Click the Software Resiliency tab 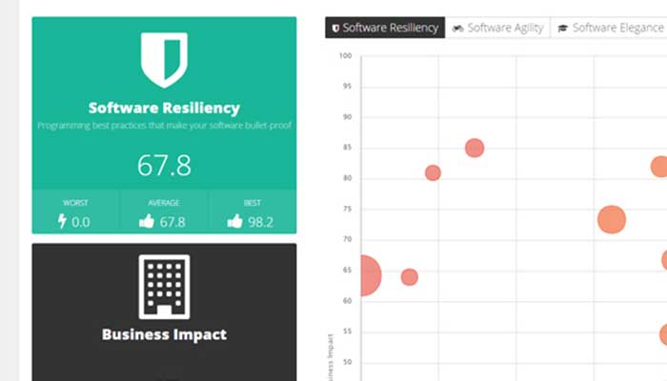tap(385, 29)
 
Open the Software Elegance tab tap(610, 29)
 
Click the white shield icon tap(164, 59)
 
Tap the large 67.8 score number tap(164, 166)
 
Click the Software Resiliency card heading tap(164, 109)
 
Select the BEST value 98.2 tap(257, 222)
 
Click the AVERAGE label tap(164, 203)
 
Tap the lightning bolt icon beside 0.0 tap(63, 222)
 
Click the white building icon tap(164, 286)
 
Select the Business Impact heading tap(164, 334)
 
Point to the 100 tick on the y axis tap(345, 56)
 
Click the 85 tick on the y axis tap(347, 148)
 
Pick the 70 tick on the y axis tap(347, 239)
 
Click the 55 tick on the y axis tap(347, 331)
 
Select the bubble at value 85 tap(475, 148)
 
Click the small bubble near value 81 tap(433, 172)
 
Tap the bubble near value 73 tap(611, 220)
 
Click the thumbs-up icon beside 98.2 tap(234, 222)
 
